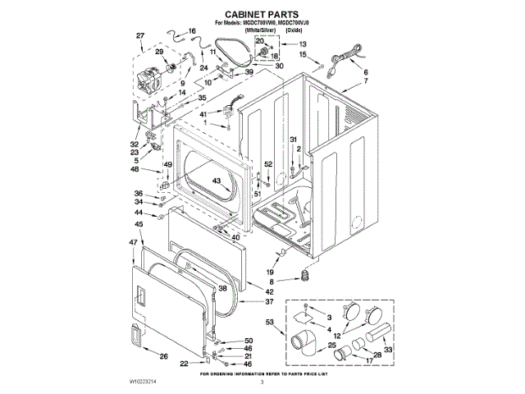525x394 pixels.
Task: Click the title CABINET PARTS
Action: [261, 15]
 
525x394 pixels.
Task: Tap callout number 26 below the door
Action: [164, 355]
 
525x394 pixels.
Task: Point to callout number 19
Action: [269, 272]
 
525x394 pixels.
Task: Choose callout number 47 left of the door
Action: [133, 242]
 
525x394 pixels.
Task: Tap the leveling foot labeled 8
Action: [308, 273]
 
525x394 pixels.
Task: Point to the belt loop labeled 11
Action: [239, 58]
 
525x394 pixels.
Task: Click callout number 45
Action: [139, 223]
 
